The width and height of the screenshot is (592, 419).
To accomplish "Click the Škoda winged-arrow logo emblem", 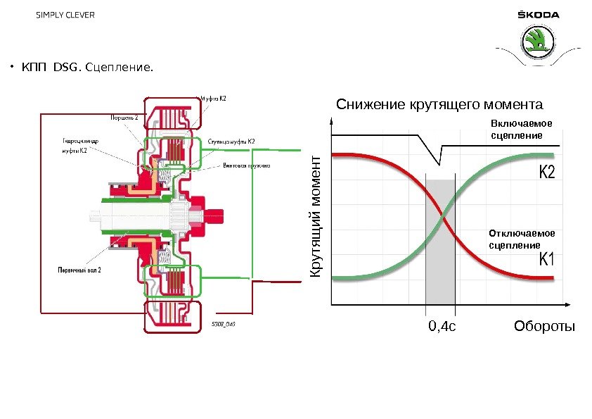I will (x=539, y=43).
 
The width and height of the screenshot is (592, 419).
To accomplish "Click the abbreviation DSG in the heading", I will (x=67, y=68).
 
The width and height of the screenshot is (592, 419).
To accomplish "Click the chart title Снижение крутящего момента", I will (x=440, y=105).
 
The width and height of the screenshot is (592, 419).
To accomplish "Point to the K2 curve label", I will (x=547, y=173).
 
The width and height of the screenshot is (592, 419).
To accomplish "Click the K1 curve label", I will (x=547, y=261).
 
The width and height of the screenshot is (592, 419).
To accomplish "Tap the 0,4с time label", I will (x=443, y=327).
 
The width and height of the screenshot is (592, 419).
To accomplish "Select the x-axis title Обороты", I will (x=544, y=327).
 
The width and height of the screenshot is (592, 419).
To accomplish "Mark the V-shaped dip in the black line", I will (x=439, y=164).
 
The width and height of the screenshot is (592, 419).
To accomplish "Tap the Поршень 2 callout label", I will (x=127, y=117).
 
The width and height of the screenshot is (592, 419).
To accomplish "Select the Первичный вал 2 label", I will (x=79, y=270).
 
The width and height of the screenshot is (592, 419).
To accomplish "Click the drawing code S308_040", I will (x=223, y=325).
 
